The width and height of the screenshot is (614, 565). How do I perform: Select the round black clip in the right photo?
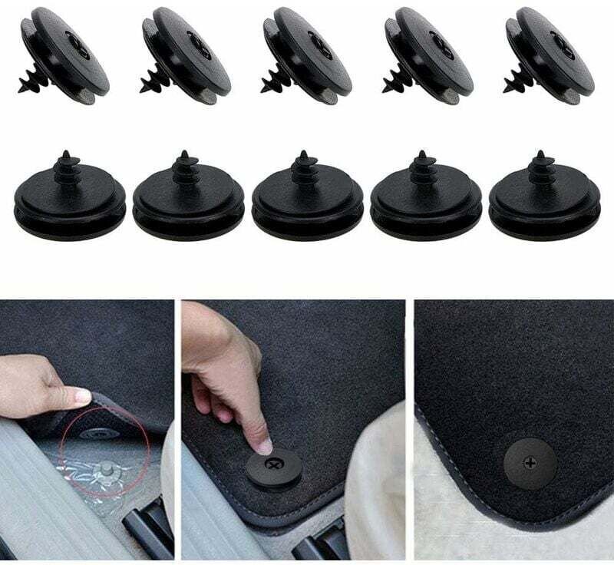pyautogui.click(x=531, y=465)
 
